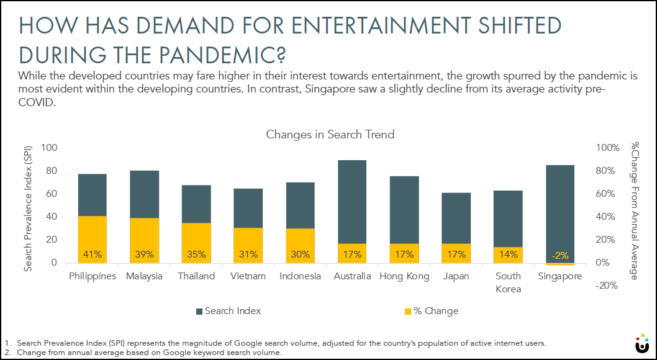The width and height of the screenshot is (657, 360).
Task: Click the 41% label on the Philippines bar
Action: (x=92, y=254)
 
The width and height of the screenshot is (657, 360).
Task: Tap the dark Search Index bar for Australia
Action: (x=351, y=199)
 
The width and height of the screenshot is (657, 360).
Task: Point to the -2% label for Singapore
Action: (x=561, y=254)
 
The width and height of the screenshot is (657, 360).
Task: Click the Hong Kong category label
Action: (x=404, y=276)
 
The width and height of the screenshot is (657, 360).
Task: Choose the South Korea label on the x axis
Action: (x=509, y=282)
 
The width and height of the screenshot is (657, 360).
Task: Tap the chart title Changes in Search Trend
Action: (x=330, y=134)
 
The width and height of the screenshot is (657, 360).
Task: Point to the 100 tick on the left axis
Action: (x=49, y=148)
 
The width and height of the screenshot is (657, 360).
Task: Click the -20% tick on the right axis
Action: (x=607, y=286)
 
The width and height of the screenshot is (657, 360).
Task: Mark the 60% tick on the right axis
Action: (x=607, y=194)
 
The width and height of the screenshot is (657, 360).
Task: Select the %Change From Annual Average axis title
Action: (x=635, y=211)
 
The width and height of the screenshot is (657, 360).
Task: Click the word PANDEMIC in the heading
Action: (x=212, y=54)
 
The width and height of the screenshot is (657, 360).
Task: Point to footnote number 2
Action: (x=7, y=353)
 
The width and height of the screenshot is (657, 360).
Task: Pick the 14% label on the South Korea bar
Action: (x=509, y=254)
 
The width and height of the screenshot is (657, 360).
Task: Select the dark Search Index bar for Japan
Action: (x=456, y=217)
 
